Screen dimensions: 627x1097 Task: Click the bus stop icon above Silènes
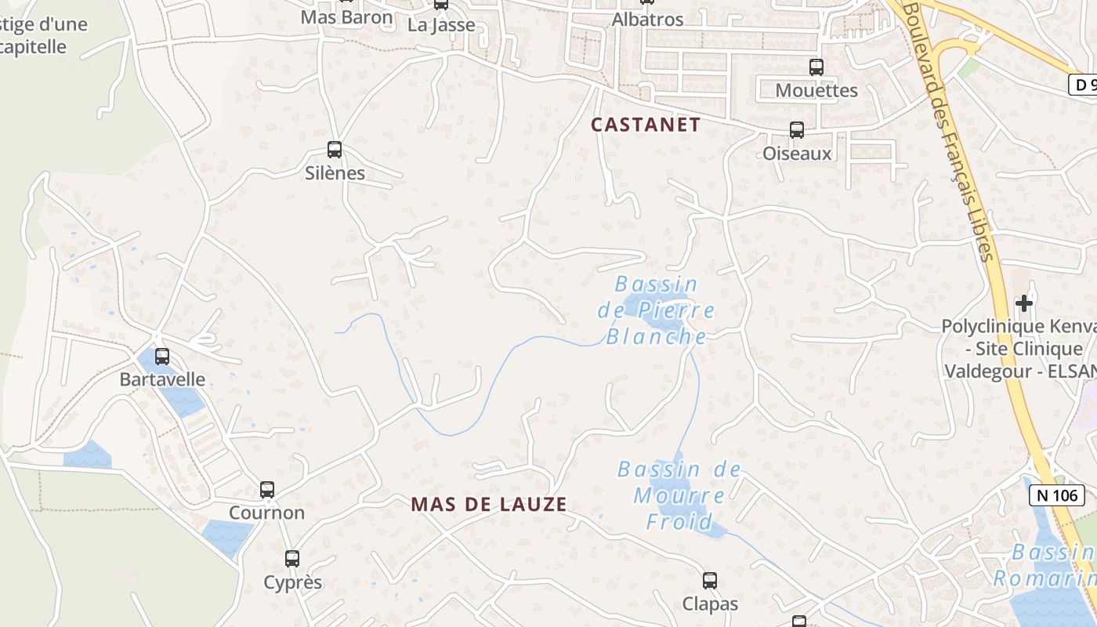click(335, 149)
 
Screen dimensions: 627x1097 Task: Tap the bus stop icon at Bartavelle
click(161, 356)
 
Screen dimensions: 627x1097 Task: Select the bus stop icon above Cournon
click(267, 490)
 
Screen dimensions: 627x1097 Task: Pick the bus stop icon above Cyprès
click(292, 559)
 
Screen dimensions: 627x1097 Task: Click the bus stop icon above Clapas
click(710, 581)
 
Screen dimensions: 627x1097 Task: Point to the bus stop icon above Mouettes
click(816, 67)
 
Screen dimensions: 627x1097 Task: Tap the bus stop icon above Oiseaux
click(797, 130)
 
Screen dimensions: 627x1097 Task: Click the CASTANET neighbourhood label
click(645, 125)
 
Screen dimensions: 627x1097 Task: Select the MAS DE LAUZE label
click(488, 505)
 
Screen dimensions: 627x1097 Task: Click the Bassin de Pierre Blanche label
click(656, 310)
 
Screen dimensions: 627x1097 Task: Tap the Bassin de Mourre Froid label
click(679, 495)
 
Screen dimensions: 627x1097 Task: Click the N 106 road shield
click(1056, 495)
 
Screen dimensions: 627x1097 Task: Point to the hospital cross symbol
click(1023, 303)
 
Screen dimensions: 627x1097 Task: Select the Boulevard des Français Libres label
click(950, 133)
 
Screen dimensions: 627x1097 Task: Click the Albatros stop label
click(647, 20)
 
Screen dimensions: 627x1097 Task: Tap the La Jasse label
click(441, 24)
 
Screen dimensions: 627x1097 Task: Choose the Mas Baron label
click(346, 16)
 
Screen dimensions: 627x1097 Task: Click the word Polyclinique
click(991, 326)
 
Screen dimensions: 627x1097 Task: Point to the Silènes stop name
click(335, 173)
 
